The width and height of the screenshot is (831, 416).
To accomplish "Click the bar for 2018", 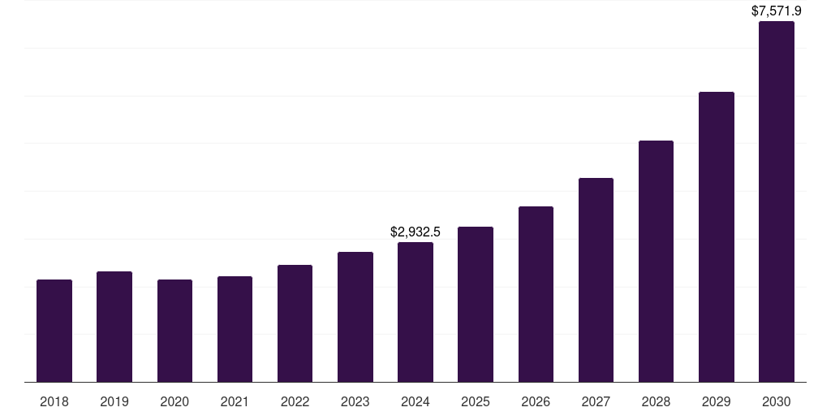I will click(54, 331).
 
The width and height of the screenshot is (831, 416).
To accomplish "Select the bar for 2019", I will click(114, 327).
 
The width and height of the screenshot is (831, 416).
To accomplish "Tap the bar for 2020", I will click(174, 331).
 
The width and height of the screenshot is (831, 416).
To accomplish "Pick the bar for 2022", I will click(295, 323).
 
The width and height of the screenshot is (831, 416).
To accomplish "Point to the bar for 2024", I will click(415, 312).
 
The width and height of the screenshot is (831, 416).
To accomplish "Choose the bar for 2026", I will click(536, 294).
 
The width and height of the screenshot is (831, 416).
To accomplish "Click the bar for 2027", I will click(596, 279).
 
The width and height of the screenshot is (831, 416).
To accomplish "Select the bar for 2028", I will click(656, 261).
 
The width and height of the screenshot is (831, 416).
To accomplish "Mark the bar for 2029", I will click(717, 236).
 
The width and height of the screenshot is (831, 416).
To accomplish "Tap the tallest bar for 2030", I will click(777, 201).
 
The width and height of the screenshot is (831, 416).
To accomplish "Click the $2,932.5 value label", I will click(415, 232).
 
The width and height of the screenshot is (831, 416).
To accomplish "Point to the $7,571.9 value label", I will click(777, 11).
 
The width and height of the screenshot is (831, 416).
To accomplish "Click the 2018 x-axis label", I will click(54, 401).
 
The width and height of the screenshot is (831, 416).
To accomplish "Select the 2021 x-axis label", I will click(235, 401).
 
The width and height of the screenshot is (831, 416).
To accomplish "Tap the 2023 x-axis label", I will click(355, 401).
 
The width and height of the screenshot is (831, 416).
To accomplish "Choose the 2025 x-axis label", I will click(476, 401).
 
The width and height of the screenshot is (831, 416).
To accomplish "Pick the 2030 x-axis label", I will click(777, 401).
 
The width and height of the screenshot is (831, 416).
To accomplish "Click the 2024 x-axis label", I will click(415, 401).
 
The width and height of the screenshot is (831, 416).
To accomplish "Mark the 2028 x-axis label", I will click(656, 401).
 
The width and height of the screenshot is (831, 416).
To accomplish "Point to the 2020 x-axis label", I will click(174, 401).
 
